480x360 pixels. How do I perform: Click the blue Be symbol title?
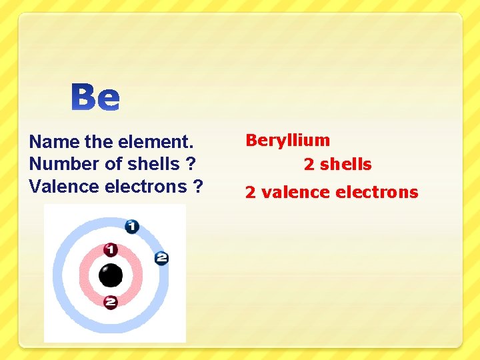click(96, 97)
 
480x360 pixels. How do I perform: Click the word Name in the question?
click(55, 141)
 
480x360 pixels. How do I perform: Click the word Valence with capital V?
click(65, 187)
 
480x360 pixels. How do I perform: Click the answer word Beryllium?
click(287, 140)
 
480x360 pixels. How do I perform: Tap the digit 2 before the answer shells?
click(309, 164)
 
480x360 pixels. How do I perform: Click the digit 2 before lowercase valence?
click(251, 193)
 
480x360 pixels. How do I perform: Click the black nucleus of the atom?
click(111, 275)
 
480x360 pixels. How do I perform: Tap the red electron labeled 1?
click(111, 250)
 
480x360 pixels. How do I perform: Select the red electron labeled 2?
click(111, 302)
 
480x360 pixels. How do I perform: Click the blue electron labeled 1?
click(132, 227)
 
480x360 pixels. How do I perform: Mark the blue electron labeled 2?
click(161, 258)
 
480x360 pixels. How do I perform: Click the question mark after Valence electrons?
click(198, 187)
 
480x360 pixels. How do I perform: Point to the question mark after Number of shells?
click(192, 164)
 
